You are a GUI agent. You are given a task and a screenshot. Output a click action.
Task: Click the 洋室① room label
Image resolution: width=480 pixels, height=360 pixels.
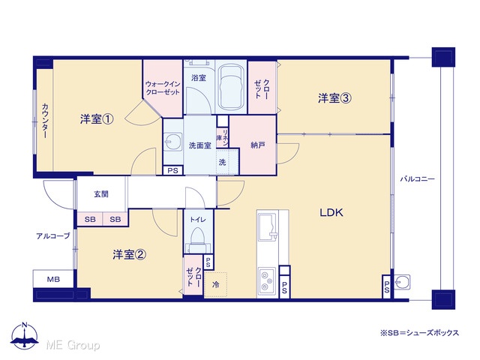pyautogui.click(x=97, y=119)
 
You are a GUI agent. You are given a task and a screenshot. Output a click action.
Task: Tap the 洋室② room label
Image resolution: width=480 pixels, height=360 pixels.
pyautogui.click(x=129, y=254)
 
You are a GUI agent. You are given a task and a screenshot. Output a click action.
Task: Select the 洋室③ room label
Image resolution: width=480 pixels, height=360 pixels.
pyautogui.click(x=334, y=98)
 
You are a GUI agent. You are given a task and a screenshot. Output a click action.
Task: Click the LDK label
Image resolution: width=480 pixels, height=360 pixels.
pyautogui.click(x=331, y=212)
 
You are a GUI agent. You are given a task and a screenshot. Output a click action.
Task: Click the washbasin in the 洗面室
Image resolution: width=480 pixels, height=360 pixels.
pyautogui.click(x=172, y=142)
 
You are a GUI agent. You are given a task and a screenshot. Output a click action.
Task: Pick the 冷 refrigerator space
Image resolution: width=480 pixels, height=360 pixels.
pyautogui.click(x=215, y=284)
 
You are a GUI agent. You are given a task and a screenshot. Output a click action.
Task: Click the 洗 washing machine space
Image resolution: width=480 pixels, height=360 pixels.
pyautogui.click(x=227, y=162)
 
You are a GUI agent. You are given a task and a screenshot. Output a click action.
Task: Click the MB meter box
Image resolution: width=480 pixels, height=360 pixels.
pyautogui.click(x=53, y=279)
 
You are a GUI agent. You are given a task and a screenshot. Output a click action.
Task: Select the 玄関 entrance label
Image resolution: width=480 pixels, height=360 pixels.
pyautogui.click(x=101, y=194)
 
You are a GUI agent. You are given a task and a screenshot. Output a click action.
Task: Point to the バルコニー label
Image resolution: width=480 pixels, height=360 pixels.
pyautogui.click(x=417, y=178)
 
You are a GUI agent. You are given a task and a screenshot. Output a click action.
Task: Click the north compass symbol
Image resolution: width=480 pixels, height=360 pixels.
pyautogui.click(x=25, y=335)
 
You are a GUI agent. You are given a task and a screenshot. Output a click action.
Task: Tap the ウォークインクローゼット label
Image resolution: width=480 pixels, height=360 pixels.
pyautogui.click(x=163, y=88)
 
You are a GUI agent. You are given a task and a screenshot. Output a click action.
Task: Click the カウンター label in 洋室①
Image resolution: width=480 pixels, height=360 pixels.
pyautogui.click(x=45, y=121)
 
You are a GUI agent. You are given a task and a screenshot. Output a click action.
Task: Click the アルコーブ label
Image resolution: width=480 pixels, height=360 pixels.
pyautogui.click(x=53, y=236)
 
